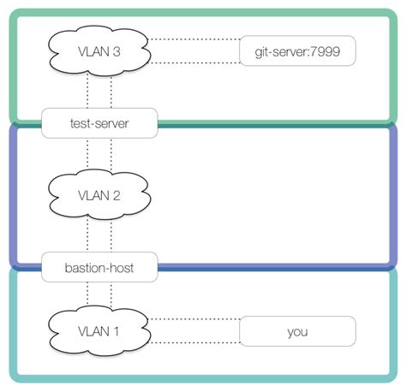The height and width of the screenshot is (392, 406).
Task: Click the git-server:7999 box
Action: point(297,50)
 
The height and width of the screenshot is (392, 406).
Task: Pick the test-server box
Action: point(100,122)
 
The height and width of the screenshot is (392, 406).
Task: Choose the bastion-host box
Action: point(100,267)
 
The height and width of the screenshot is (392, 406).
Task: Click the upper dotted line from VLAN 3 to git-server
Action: point(195,39)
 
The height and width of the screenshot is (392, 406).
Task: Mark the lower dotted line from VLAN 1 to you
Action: point(195,343)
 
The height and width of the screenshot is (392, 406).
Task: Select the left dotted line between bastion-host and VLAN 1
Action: point(88,293)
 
